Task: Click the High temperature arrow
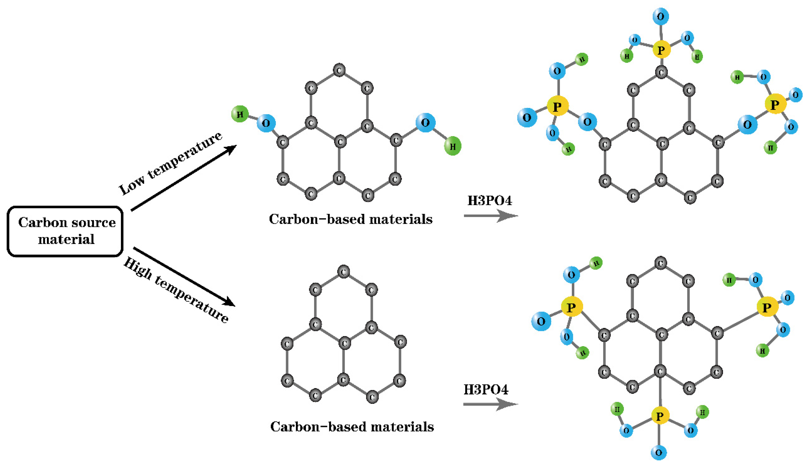click(x=184, y=276)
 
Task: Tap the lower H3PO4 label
click(x=486, y=389)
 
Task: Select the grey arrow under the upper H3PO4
click(x=490, y=216)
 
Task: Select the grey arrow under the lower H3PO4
click(x=490, y=404)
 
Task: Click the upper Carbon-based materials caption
click(x=350, y=219)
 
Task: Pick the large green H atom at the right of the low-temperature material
click(x=452, y=146)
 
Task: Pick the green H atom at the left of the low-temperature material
click(x=240, y=114)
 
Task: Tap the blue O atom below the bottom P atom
click(x=658, y=452)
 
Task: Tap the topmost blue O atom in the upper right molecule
click(x=660, y=16)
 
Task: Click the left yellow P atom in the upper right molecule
click(x=557, y=106)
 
